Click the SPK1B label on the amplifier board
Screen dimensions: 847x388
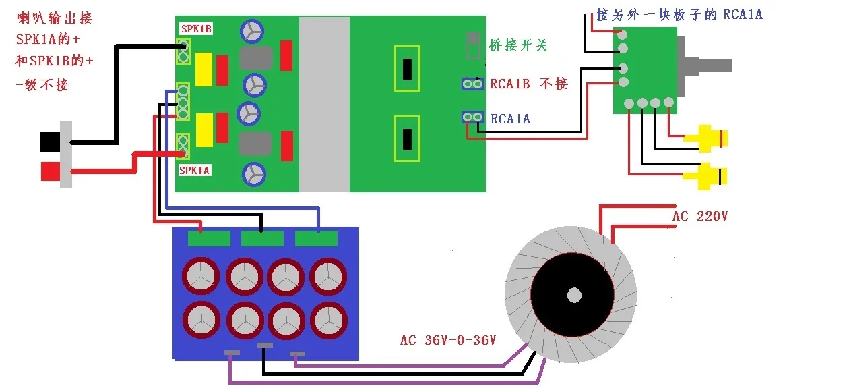click(x=196, y=28)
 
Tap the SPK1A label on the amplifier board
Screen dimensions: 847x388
click(x=194, y=170)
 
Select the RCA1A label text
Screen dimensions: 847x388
click(x=510, y=119)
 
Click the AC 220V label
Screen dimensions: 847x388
click(x=699, y=216)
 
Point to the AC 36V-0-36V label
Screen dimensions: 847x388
click(x=447, y=340)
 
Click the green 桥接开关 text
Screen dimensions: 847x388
click(x=518, y=45)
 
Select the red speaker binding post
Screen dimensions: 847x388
click(x=51, y=171)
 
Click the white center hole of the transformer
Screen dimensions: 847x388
click(x=574, y=296)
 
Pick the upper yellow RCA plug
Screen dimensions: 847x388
click(x=705, y=138)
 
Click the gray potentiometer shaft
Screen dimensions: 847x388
click(x=712, y=65)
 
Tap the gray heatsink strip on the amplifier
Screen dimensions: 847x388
click(x=324, y=104)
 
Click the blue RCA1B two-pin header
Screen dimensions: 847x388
click(x=472, y=84)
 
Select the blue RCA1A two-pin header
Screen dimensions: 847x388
click(x=472, y=117)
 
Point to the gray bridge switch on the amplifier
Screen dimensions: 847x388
click(x=472, y=45)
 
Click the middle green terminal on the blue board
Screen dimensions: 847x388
click(x=262, y=239)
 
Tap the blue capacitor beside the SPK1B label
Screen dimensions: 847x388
click(x=252, y=31)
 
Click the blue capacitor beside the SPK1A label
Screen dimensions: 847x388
click(x=254, y=175)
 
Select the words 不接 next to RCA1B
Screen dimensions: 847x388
click(x=554, y=84)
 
